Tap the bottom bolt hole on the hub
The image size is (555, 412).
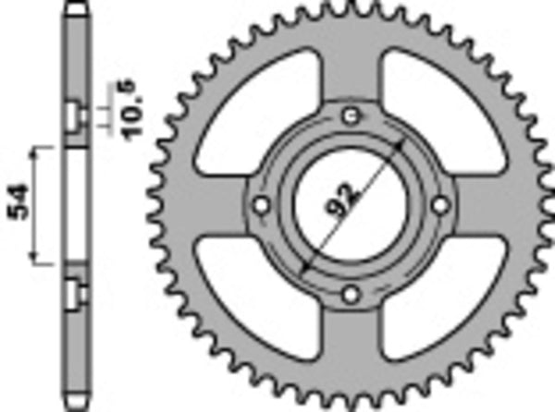click(x=349, y=295)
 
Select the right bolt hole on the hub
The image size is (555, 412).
click(x=438, y=204)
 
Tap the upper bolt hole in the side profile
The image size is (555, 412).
click(x=72, y=115)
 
